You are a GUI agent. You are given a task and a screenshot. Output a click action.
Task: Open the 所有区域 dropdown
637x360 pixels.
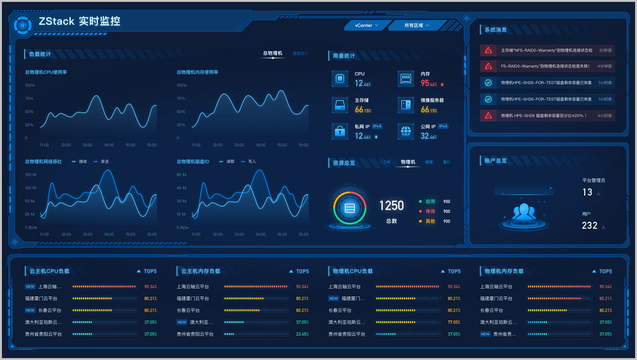(417, 25)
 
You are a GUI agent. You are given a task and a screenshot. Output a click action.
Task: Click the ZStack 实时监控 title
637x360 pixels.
(79, 21)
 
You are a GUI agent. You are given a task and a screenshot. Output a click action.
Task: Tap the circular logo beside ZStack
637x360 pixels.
(22, 25)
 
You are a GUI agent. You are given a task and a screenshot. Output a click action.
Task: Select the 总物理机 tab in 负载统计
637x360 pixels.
(273, 54)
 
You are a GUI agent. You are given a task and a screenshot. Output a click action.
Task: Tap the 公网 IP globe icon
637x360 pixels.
(406, 131)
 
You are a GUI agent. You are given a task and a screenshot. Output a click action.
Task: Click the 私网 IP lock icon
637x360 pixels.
(340, 131)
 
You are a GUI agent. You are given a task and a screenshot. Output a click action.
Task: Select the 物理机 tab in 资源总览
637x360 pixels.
(408, 162)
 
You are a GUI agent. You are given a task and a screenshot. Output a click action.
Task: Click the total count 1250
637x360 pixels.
(391, 206)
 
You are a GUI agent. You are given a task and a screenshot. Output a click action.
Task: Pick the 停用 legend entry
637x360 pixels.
(431, 212)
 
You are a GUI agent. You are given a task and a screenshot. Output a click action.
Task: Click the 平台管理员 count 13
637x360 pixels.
(587, 192)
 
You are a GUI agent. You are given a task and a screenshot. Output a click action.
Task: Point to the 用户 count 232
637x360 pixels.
(590, 226)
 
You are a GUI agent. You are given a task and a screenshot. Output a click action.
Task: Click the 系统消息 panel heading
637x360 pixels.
(496, 29)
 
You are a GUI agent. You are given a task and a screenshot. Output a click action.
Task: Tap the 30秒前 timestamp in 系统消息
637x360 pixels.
(605, 50)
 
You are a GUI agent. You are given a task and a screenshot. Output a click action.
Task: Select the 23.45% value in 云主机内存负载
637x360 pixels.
(302, 334)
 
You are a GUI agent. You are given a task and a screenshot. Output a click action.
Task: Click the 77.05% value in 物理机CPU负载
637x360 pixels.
(454, 322)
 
